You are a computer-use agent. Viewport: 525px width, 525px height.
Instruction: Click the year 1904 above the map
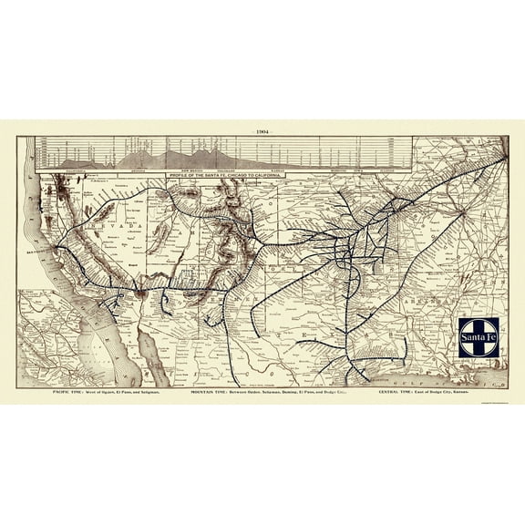tap(262, 130)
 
